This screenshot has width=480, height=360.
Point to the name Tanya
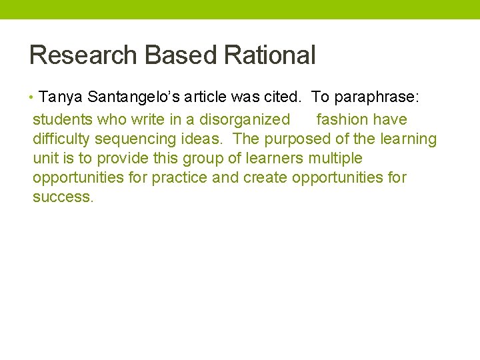(61, 97)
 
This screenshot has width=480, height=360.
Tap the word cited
(284, 97)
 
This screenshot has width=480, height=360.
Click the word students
(63, 120)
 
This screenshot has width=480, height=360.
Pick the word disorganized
(245, 120)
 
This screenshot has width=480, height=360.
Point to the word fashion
(343, 120)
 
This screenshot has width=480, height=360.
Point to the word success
(63, 197)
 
